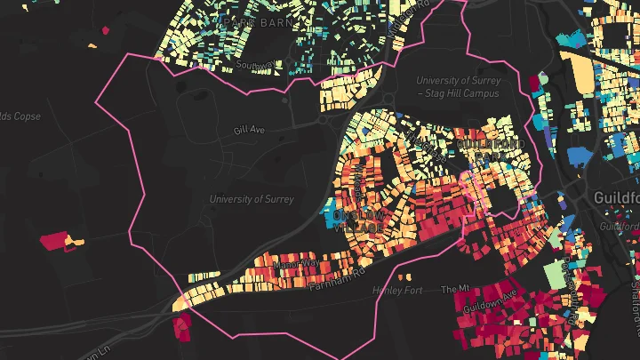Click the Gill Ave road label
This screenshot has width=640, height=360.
[250, 130]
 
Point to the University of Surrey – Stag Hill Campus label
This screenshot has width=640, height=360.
[459, 86]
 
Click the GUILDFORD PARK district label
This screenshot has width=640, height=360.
[491, 148]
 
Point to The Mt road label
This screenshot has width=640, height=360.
[453, 290]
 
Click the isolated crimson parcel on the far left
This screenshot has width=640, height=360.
[55, 241]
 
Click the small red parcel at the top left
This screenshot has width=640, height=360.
[106, 30]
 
